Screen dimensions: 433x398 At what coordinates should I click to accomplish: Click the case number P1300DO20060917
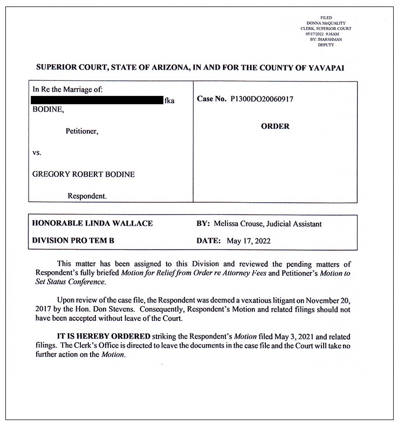262,100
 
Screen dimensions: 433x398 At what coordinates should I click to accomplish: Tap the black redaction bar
97,100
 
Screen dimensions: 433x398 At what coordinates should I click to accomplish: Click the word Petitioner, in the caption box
82,130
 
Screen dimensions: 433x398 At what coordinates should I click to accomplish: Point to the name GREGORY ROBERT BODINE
84,174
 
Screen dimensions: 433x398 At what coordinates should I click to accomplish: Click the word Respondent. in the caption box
87,196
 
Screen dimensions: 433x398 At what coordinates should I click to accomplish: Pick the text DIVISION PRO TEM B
73,240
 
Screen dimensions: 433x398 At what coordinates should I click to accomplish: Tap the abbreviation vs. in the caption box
37,153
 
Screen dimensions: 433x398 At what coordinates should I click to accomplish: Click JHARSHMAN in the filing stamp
330,39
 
